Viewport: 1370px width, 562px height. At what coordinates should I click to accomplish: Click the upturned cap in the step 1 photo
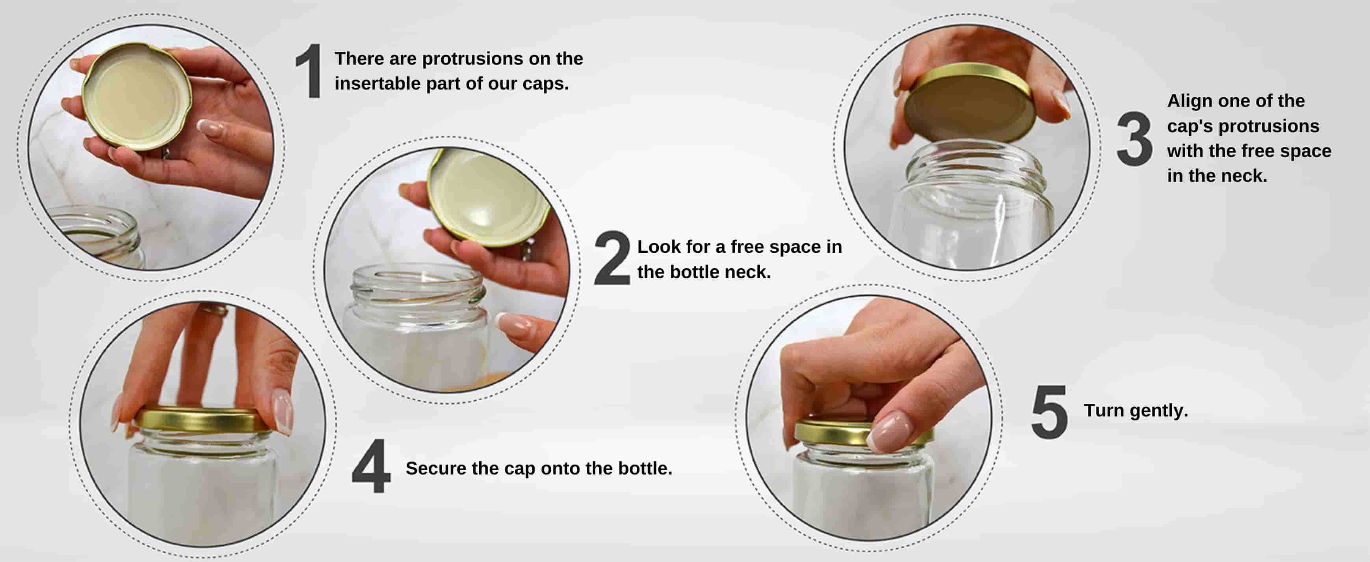[137, 96]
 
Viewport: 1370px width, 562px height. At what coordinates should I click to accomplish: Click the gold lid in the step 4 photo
[204, 420]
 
